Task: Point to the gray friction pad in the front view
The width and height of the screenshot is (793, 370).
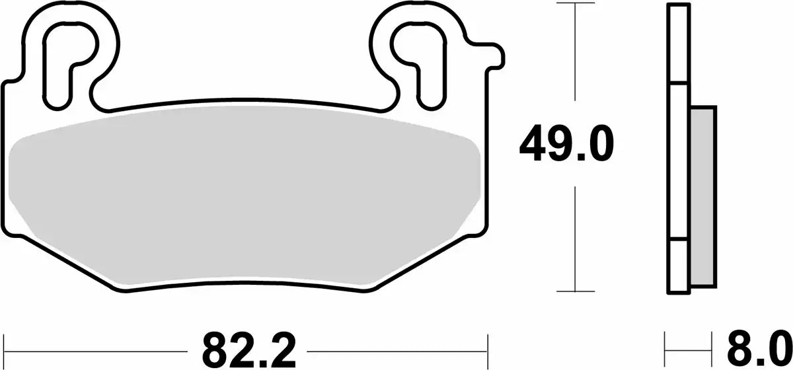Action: tap(245, 198)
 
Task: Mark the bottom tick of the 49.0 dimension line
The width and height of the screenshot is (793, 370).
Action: tap(577, 291)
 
